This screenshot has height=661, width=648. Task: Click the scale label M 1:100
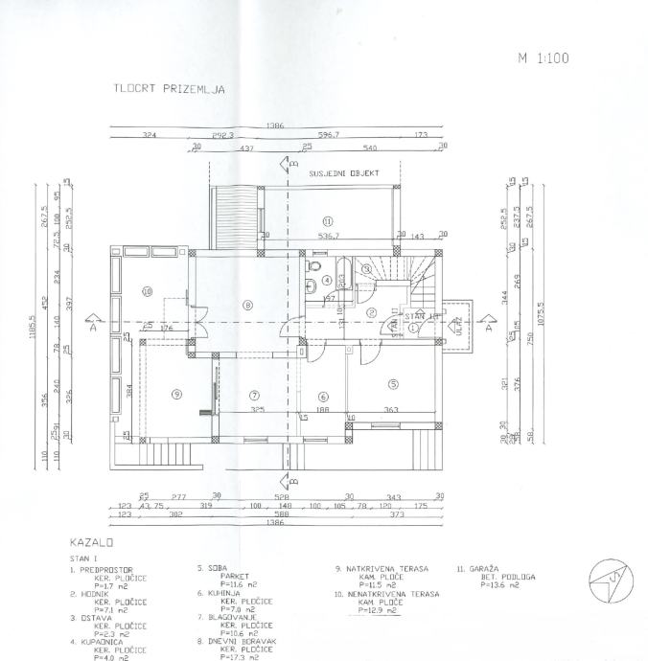click(544, 57)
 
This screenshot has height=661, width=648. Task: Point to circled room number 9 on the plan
click(176, 393)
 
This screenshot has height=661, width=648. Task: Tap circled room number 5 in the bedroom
click(392, 384)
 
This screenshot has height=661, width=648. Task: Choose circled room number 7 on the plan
click(254, 395)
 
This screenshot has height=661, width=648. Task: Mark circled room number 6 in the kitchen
click(323, 395)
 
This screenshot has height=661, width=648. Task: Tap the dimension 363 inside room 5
click(392, 410)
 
